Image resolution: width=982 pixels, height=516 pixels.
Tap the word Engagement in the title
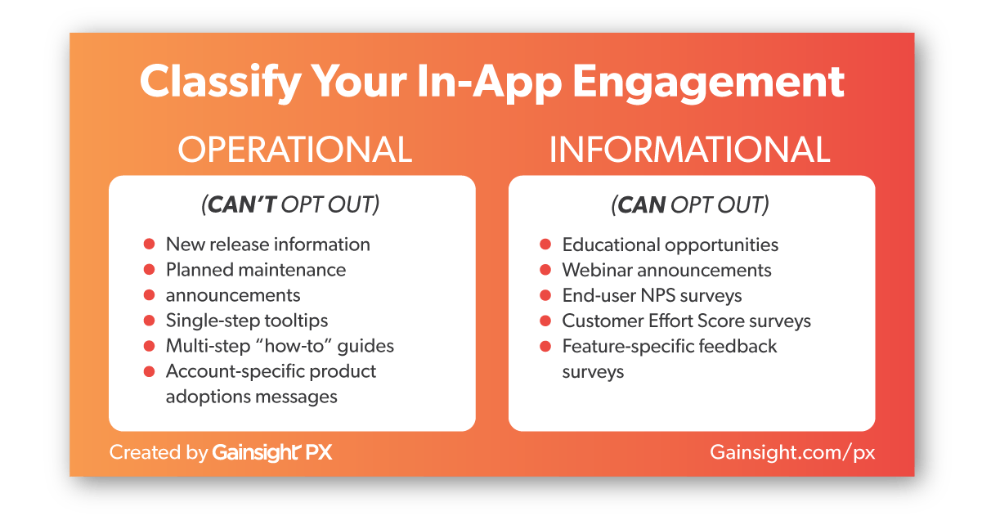coord(708,83)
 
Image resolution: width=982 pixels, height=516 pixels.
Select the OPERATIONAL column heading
coord(294,150)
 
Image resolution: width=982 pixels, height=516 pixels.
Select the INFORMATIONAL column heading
coord(689,150)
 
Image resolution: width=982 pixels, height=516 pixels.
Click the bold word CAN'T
coord(241,204)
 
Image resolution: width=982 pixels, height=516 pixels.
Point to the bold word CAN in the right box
coord(641,204)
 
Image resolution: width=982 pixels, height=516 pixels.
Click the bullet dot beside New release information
coord(149,245)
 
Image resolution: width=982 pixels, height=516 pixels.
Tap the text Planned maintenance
coord(256,270)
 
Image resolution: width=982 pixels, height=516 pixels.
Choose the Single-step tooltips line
coord(247,321)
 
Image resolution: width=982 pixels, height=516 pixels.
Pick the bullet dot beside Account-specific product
coord(149,372)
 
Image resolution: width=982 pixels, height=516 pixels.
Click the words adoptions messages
coord(252,397)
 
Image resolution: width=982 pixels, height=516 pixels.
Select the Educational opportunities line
coord(670,245)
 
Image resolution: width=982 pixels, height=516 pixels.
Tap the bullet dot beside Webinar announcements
coord(545,270)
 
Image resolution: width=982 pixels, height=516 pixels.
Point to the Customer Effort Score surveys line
coord(687,321)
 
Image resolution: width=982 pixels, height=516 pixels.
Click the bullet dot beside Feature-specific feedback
coord(545,347)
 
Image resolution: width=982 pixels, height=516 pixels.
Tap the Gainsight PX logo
coord(272,452)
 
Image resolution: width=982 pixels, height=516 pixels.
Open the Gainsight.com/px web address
coord(792,452)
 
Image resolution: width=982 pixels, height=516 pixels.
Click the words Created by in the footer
coord(159,452)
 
